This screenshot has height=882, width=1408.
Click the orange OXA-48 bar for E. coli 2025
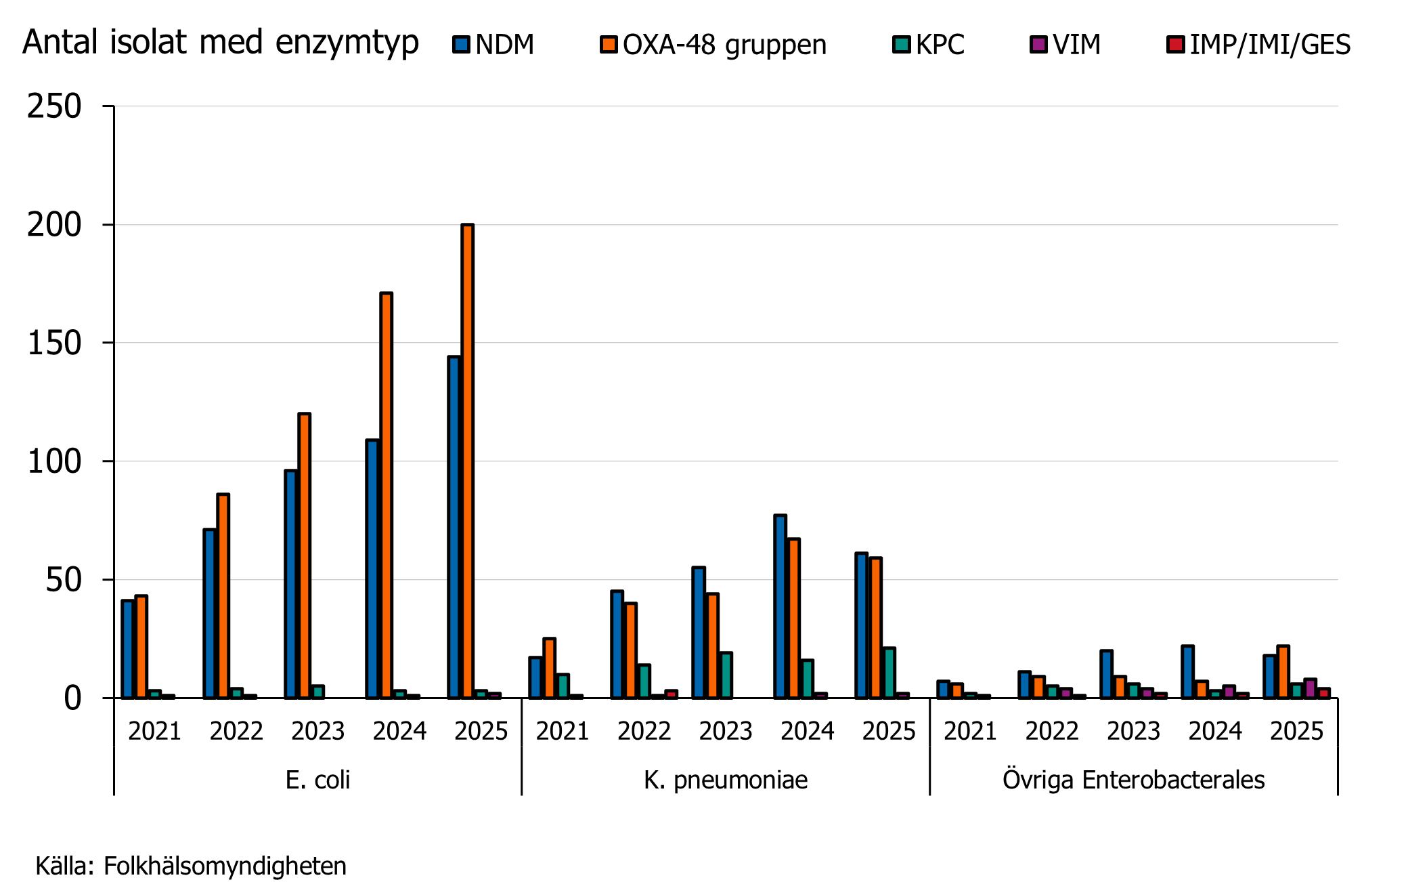click(467, 461)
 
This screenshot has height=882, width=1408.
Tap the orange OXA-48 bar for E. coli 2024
click(386, 495)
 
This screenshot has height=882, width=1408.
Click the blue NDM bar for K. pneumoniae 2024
click(780, 606)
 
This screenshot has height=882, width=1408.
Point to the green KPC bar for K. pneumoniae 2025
click(889, 673)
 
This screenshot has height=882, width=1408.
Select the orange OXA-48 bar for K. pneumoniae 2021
click(549, 668)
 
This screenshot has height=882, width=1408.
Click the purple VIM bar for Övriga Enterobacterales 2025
click(1310, 688)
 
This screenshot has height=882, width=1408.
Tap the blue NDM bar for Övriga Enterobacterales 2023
click(1106, 674)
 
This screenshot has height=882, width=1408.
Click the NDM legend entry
click(493, 45)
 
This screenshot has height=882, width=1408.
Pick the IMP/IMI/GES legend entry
click(1259, 45)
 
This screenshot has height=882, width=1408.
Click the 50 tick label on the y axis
click(63, 580)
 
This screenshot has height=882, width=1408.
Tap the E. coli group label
click(317, 780)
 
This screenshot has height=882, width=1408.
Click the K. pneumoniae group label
click(726, 780)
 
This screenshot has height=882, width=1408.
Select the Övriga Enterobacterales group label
click(1133, 780)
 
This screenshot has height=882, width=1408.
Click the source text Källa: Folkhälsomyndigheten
click(191, 866)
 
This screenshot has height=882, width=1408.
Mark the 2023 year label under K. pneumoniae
click(726, 731)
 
